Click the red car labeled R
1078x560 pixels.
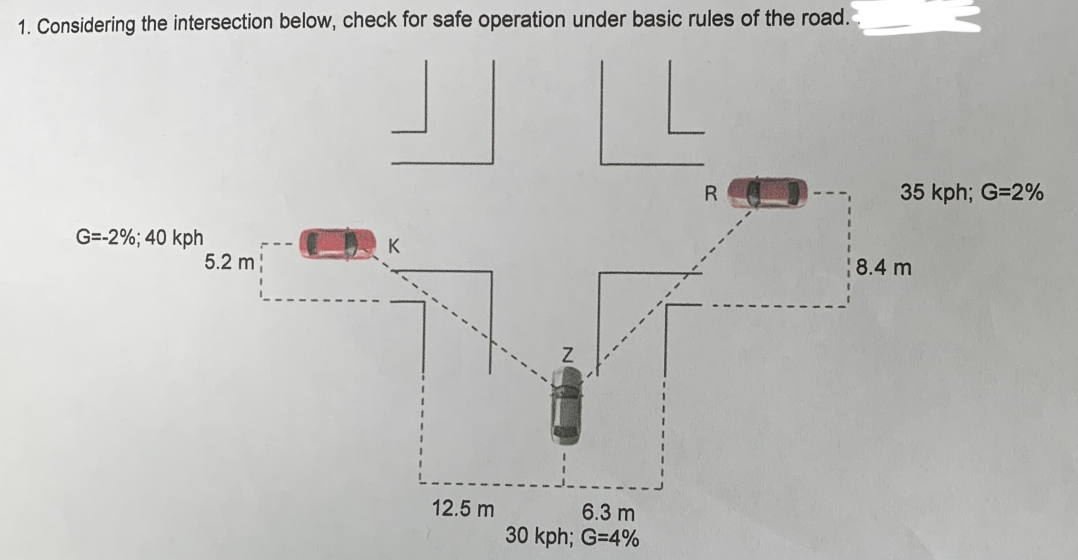tap(767, 193)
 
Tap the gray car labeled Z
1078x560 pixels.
tap(566, 406)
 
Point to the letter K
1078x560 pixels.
tap(393, 246)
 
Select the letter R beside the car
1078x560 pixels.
tap(711, 194)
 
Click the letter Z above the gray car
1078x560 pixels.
tap(566, 355)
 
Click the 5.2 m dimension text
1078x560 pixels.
tap(229, 262)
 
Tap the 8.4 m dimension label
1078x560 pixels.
tap(883, 268)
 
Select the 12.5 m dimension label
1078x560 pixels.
tap(463, 509)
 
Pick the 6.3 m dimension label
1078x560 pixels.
tap(608, 512)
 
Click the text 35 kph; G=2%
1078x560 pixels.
tap(971, 193)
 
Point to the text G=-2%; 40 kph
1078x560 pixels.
tap(139, 238)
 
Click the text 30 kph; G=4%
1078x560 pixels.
tap(572, 537)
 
